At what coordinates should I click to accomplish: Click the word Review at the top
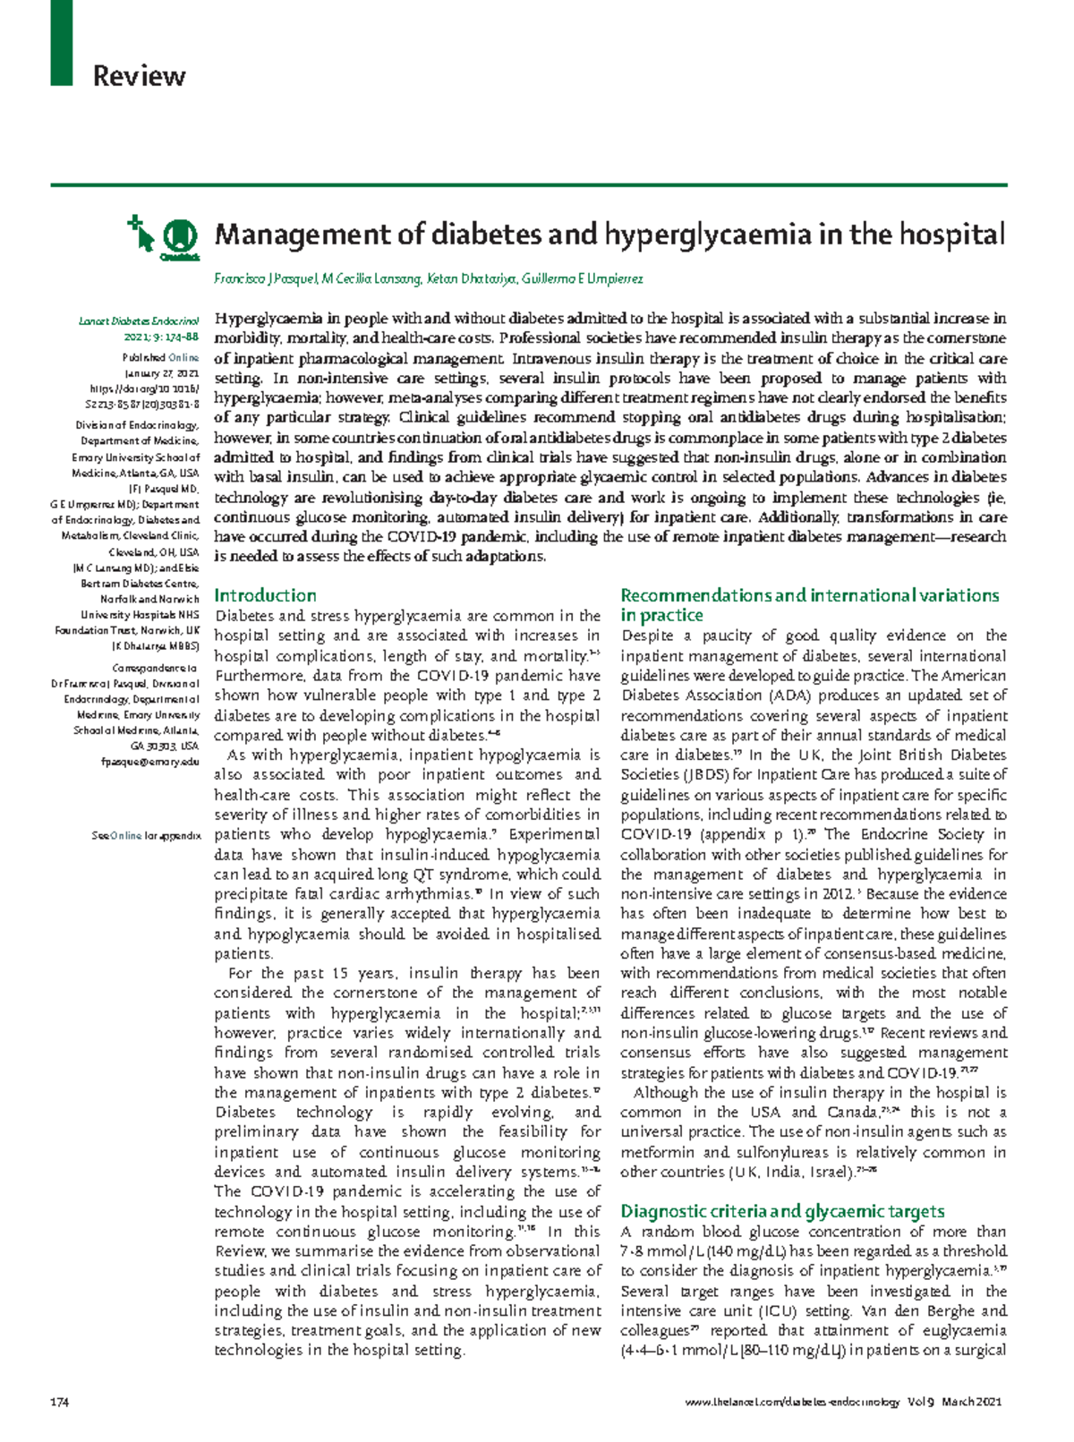(139, 76)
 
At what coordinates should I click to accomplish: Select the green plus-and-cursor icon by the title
(141, 231)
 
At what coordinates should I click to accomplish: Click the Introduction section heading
(265, 595)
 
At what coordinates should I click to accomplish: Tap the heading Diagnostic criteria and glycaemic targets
(782, 1211)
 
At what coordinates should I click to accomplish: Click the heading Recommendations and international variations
(809, 595)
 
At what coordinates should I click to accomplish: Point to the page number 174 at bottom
(60, 1402)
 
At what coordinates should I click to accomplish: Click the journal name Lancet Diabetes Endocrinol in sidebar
(139, 321)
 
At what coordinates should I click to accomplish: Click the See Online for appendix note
(146, 835)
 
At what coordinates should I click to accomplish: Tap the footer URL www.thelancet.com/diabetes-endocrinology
(792, 1402)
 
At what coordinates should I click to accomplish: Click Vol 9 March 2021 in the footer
(959, 1402)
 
